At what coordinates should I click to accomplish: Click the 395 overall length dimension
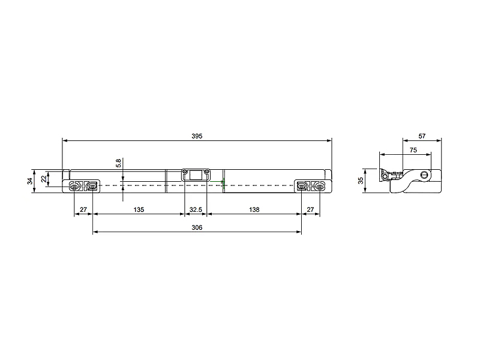tap(197, 136)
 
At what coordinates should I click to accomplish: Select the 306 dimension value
tap(197, 227)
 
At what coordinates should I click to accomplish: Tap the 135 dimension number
tap(139, 209)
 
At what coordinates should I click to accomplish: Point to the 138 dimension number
tap(254, 209)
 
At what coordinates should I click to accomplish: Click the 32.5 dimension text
tap(196, 209)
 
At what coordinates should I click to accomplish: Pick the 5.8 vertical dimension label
tap(118, 163)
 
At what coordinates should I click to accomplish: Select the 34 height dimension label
tap(30, 181)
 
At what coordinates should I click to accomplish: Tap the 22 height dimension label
tap(44, 178)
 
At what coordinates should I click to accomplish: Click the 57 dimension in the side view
tap(422, 136)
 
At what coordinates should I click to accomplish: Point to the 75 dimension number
tap(413, 150)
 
